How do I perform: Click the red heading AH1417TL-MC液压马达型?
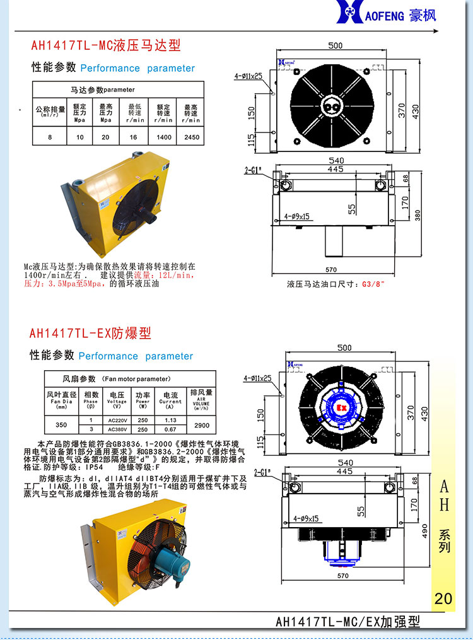(106, 45)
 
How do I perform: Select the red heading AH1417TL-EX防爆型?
(90, 333)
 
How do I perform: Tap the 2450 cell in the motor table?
(191, 137)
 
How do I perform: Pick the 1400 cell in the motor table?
(163, 137)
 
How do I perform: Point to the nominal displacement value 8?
(50, 137)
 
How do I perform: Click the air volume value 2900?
(201, 426)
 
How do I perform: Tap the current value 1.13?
(170, 420)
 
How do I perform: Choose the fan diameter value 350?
(61, 426)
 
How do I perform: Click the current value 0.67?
(170, 430)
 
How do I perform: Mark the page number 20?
(443, 598)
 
